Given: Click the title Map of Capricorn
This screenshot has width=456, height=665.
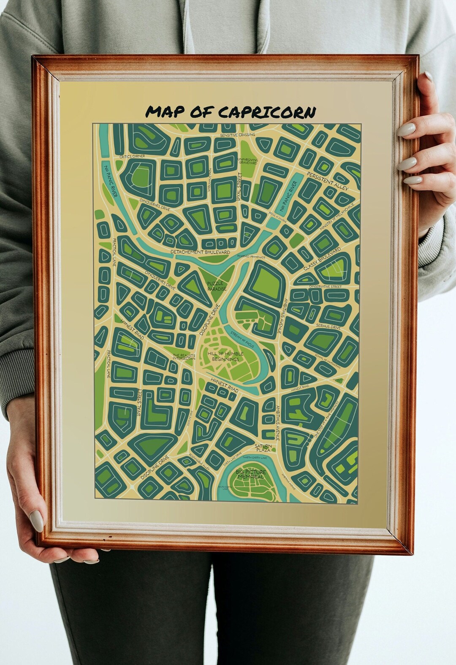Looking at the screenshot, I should [x=230, y=112].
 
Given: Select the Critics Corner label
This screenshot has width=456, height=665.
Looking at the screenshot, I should [x=132, y=156].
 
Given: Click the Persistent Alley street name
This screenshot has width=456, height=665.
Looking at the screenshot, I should [x=327, y=181].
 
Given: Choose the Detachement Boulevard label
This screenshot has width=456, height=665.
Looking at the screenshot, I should [x=200, y=252].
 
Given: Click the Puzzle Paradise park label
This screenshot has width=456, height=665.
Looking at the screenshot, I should [x=217, y=286].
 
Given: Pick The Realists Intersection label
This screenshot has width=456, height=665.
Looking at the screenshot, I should [x=184, y=357].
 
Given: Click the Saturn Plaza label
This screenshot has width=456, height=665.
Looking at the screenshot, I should [x=263, y=448].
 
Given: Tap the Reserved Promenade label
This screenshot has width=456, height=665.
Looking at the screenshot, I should [x=251, y=257].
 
